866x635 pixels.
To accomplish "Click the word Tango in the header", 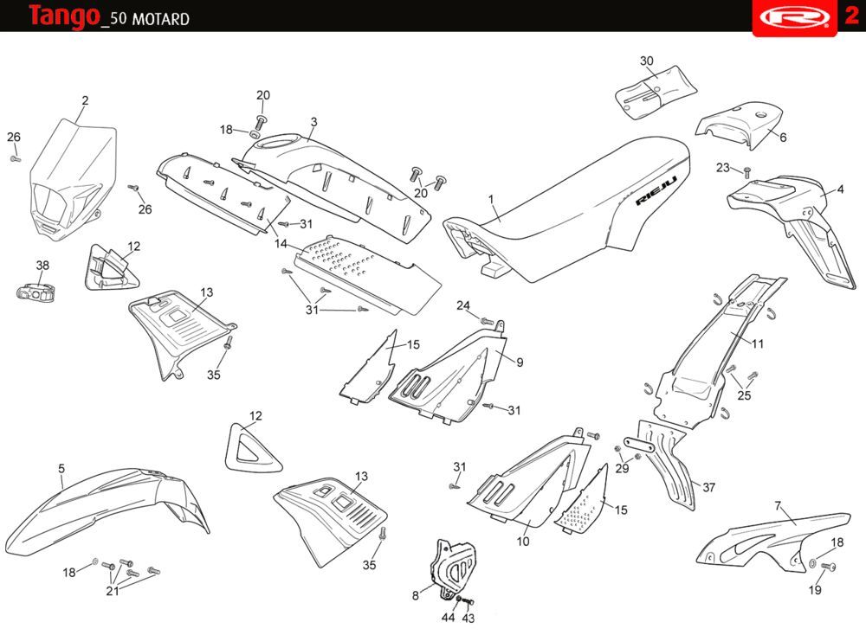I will (63, 16).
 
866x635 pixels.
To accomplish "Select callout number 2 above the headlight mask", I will (85, 100).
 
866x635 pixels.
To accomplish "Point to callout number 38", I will (42, 266).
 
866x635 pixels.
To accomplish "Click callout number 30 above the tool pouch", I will (647, 61).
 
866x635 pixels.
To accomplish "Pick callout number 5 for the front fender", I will (61, 468).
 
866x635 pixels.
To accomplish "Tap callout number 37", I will (709, 487).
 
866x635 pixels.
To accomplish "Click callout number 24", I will (463, 305).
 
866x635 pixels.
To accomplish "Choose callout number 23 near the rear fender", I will (723, 168).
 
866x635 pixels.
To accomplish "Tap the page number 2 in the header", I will (851, 16).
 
